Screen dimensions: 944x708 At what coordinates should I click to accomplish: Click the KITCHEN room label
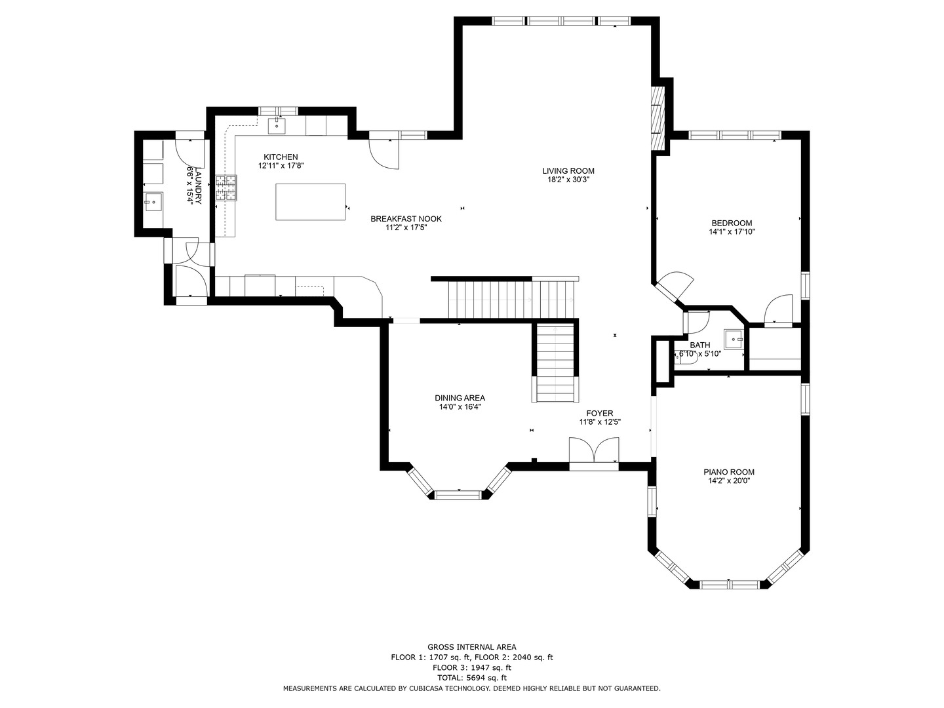pyautogui.click(x=281, y=157)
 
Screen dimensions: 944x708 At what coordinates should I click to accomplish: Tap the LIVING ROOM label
pyautogui.click(x=568, y=170)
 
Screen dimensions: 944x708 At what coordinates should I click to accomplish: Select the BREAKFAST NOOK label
pyautogui.click(x=406, y=219)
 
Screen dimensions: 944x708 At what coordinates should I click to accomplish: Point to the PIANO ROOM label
pyautogui.click(x=729, y=472)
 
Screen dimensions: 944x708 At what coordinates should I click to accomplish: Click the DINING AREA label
pyautogui.click(x=460, y=398)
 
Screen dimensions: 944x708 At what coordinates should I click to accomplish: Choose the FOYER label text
pyautogui.click(x=600, y=414)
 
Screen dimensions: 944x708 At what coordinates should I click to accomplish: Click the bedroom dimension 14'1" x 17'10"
pyautogui.click(x=732, y=231)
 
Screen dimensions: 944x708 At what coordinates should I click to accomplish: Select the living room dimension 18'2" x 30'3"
pyautogui.click(x=568, y=180)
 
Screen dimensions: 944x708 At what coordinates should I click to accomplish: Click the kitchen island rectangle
pyautogui.click(x=310, y=202)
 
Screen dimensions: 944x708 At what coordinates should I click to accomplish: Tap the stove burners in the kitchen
pyautogui.click(x=226, y=188)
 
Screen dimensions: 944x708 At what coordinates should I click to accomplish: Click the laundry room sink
pyautogui.click(x=153, y=203)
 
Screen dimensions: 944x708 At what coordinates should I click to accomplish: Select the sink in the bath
pyautogui.click(x=734, y=340)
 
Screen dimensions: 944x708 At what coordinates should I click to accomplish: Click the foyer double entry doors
pyautogui.click(x=594, y=450)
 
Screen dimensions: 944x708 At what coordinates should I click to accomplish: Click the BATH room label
pyautogui.click(x=699, y=345)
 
